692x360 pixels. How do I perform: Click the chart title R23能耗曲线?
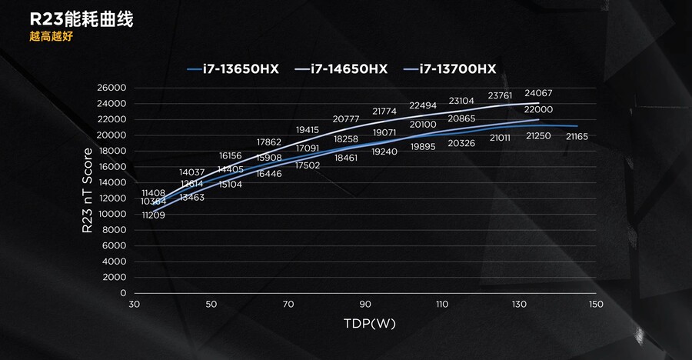tap(71, 20)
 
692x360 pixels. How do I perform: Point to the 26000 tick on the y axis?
tap(112, 88)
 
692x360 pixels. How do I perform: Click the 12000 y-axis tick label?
tap(112, 198)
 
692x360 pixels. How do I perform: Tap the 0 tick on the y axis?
tap(121, 294)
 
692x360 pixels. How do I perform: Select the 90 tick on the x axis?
tap(365, 305)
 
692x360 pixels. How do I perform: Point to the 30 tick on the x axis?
tap(135, 305)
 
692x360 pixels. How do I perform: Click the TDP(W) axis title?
tap(370, 324)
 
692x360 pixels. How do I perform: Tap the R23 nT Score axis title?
tap(88, 190)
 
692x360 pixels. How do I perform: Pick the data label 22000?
tap(539, 110)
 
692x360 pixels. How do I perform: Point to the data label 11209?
tap(154, 215)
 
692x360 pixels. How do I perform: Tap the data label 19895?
tap(424, 146)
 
